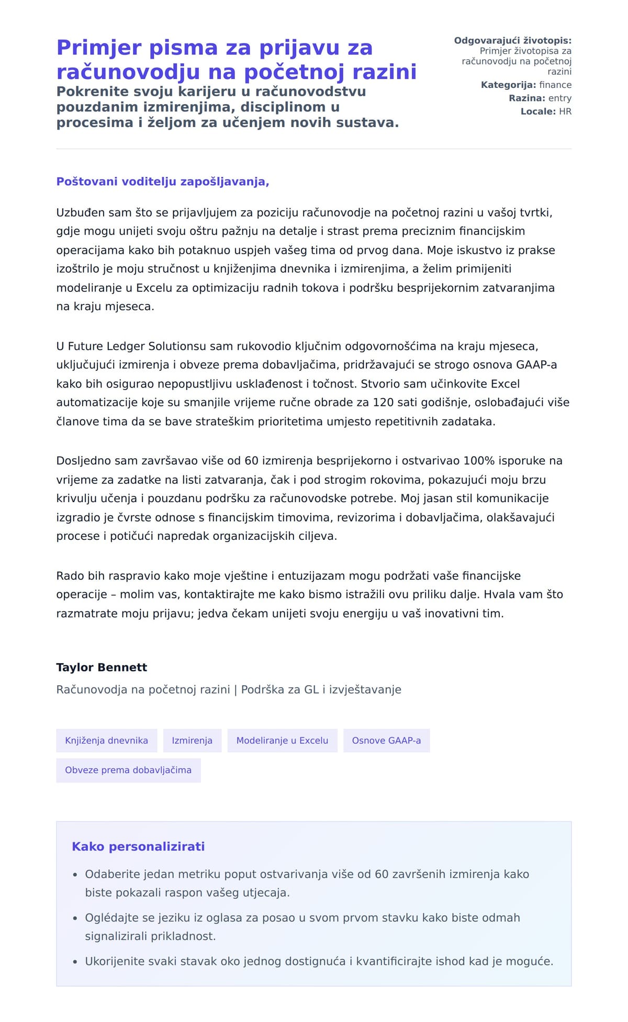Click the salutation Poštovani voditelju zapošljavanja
click(162, 182)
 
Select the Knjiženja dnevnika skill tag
click(106, 741)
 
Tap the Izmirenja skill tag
click(192, 741)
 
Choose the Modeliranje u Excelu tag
click(282, 741)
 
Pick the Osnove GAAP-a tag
click(386, 741)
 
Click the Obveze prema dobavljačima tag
click(128, 770)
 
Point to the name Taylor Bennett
click(102, 667)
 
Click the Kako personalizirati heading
click(138, 846)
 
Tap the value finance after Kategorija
click(555, 85)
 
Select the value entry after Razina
click(559, 98)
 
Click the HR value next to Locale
click(565, 111)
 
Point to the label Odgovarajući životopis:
click(512, 41)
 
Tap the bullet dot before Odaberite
click(75, 875)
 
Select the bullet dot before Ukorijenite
click(75, 961)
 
